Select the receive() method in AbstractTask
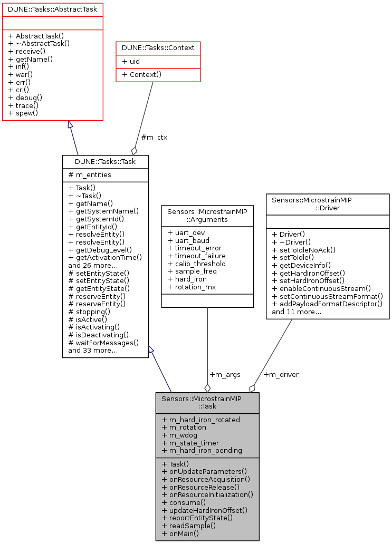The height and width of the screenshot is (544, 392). coord(25,52)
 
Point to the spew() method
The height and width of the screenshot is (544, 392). coord(23,113)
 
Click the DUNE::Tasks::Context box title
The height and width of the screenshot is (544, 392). coord(158,48)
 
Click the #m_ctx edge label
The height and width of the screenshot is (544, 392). coord(154,138)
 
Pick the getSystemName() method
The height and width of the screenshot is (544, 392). coord(103,211)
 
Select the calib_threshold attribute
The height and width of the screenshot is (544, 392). coord(196,264)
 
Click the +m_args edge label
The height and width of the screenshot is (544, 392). coord(225,374)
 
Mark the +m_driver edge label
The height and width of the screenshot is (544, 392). coord(281,374)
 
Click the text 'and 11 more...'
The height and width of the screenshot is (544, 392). coord(297,312)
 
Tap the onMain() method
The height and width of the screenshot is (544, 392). coord(180,533)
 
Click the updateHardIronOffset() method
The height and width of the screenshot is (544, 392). coord(205,510)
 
